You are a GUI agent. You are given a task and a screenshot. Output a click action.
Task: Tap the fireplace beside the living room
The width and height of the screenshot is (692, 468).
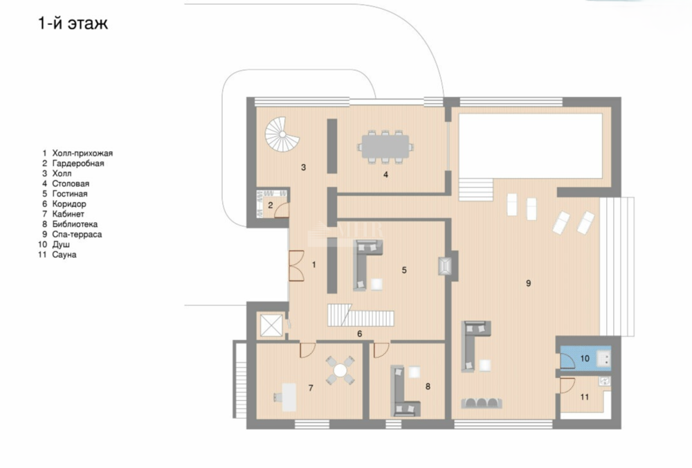coord(445,266)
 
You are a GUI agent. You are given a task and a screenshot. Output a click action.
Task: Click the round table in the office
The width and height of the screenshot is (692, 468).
coord(340,370)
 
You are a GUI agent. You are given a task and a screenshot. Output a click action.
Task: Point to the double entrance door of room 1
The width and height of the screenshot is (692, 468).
coord(296,265)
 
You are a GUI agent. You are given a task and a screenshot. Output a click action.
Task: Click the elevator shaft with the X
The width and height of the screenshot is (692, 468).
coord(271,325)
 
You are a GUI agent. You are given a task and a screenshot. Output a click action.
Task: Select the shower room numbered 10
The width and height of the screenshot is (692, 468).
coord(585,358)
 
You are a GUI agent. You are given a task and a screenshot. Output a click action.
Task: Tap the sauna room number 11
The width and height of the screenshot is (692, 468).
coord(584,397)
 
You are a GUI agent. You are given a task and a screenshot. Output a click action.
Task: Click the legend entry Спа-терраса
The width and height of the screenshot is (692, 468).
coord(77,235)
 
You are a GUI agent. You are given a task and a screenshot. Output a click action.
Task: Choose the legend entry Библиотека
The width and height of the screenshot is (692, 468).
coord(75,224)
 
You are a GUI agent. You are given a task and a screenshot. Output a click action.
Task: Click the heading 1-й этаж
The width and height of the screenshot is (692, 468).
coord(73,23)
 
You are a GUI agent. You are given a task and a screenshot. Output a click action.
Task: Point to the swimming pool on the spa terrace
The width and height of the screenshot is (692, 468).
coord(531,145)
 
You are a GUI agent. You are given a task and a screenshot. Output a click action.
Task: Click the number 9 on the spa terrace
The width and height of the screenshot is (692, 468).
coord(528,283)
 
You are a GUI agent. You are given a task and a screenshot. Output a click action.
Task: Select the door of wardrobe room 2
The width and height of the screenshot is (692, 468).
coord(282,210)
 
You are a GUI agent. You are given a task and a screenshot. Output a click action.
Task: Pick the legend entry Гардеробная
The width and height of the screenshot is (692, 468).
coord(78,163)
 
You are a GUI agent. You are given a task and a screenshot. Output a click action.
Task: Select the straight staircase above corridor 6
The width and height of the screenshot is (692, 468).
coord(361,315)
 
